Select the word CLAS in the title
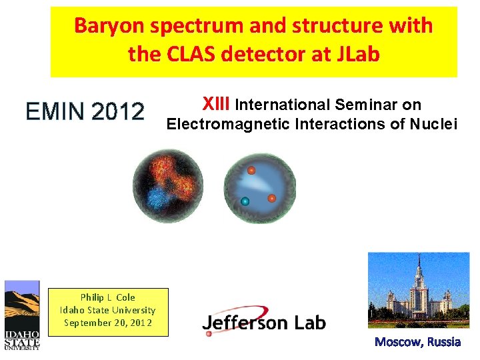[x=183, y=54]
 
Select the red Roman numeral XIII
[x=216, y=104]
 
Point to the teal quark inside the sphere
[x=245, y=201]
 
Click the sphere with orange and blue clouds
[x=167, y=185]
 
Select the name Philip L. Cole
[x=107, y=297]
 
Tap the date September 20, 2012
[x=107, y=323]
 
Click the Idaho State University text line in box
[x=107, y=310]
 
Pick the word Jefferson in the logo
[x=245, y=323]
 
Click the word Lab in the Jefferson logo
[x=307, y=323]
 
